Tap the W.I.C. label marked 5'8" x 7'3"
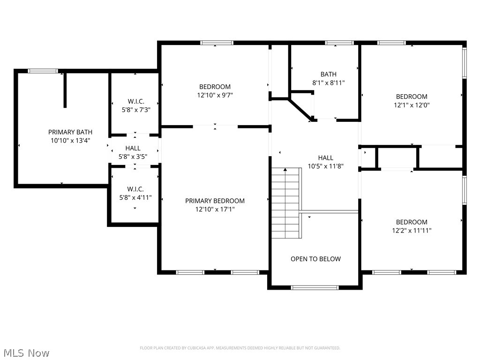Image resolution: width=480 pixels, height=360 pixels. click(x=136, y=101)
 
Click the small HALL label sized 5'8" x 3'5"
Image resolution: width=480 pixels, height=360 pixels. click(x=133, y=148)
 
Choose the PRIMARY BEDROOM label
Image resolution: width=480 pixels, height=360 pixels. click(x=215, y=201)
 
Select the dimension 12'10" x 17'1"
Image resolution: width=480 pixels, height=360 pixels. click(x=215, y=210)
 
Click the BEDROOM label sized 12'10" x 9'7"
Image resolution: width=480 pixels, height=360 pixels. click(x=215, y=87)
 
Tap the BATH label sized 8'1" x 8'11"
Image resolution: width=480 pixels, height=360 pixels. click(x=328, y=74)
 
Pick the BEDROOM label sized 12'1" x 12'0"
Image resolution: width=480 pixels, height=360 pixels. click(x=412, y=97)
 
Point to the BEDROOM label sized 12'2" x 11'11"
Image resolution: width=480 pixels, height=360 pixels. click(x=412, y=222)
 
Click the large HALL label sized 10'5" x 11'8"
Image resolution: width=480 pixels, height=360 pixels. click(x=326, y=158)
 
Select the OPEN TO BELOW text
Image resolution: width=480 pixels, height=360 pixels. click(x=315, y=259)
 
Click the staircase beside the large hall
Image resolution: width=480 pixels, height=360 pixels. click(x=286, y=202)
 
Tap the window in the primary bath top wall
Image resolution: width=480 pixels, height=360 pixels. click(x=43, y=71)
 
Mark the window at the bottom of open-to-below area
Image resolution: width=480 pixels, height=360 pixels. click(x=315, y=287)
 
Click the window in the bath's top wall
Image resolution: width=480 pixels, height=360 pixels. click(x=339, y=43)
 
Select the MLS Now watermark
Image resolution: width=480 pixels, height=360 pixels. click(x=26, y=352)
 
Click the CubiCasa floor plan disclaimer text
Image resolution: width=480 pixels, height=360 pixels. click(x=240, y=348)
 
